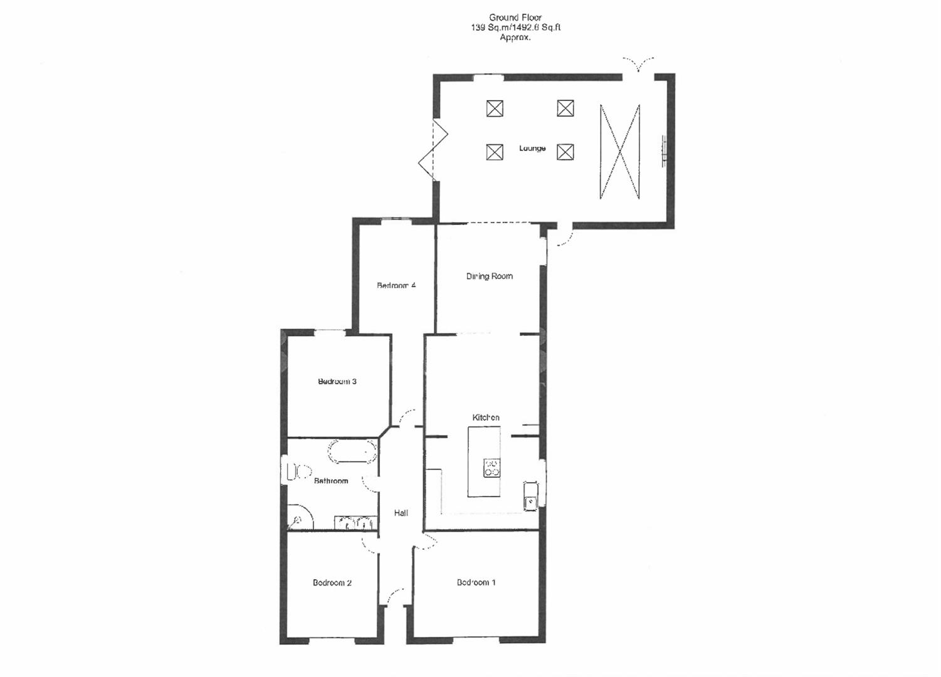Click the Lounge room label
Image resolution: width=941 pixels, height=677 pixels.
[x=532, y=149]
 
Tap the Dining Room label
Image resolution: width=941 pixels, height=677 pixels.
[x=489, y=276]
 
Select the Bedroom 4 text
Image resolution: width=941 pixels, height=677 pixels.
[x=396, y=286]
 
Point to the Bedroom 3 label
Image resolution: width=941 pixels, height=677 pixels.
[x=337, y=382]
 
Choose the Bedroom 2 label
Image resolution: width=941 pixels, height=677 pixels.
[x=332, y=583]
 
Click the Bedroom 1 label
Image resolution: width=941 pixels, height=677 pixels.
[x=476, y=582]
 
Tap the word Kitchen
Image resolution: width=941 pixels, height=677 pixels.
[x=486, y=417]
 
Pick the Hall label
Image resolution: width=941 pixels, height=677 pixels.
[x=401, y=513]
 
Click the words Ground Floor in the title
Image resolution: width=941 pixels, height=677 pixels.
[x=515, y=18]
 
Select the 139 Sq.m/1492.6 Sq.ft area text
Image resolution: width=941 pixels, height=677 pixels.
[x=515, y=28]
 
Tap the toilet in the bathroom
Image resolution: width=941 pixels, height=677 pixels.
[x=297, y=472]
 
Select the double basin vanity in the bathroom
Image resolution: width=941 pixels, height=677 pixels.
[x=355, y=522]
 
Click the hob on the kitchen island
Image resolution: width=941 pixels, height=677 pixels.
[x=492, y=468]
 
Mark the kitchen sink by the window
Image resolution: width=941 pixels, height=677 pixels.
[x=530, y=495]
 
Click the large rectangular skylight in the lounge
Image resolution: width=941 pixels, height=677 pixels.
[x=619, y=152]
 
